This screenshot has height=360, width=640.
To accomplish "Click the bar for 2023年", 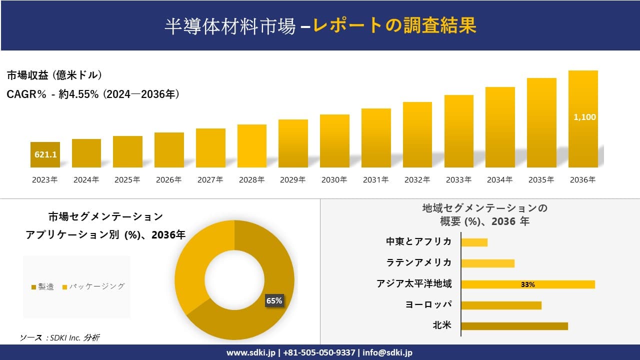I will tap(45, 154).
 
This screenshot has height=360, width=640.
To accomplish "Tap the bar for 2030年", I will tap(334, 141).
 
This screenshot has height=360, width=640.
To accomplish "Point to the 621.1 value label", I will tap(45, 155).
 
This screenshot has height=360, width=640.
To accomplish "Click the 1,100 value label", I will tap(584, 117).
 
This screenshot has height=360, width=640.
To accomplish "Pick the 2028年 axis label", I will tap(251, 180).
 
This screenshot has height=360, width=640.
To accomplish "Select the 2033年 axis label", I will tap(458, 180).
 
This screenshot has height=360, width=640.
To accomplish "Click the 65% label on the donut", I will tap(274, 300).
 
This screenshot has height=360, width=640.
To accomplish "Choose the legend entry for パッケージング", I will tap(93, 286).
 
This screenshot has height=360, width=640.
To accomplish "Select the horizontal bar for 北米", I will tap(514, 326).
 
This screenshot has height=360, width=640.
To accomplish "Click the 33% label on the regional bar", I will tap(527, 284).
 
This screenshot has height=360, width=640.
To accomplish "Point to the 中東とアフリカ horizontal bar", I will tap(474, 242).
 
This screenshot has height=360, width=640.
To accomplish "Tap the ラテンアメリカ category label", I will tap(418, 262).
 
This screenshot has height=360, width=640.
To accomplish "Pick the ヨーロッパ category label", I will tap(428, 304).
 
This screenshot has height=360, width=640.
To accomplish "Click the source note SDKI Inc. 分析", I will tap(60, 338).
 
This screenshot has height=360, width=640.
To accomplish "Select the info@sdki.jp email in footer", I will tap(388, 352).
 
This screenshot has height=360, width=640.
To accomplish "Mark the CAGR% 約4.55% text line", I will tap(93, 94).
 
